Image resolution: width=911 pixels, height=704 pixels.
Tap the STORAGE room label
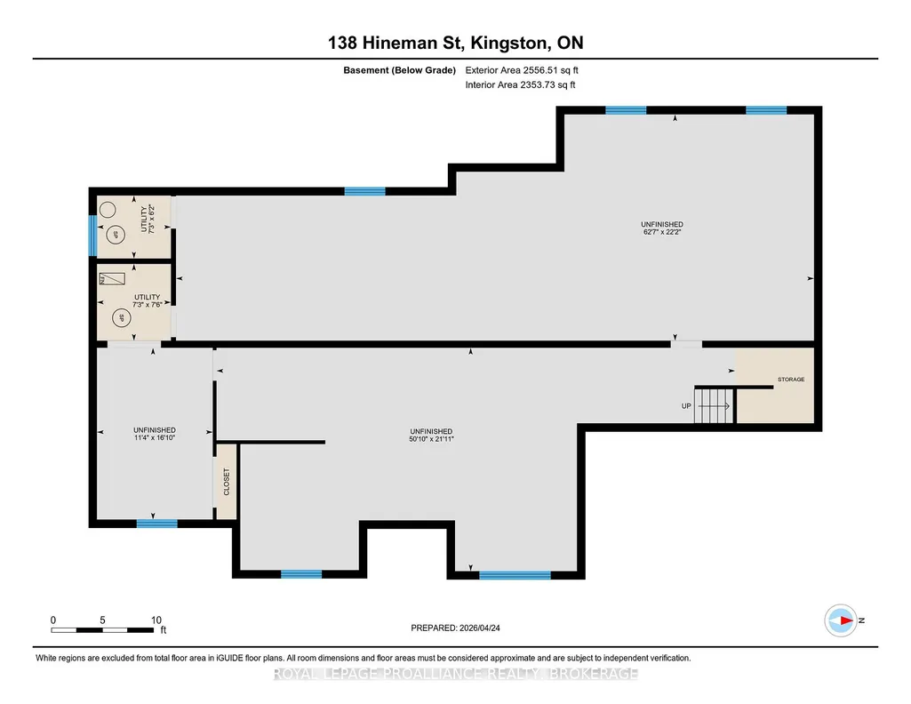[791, 380]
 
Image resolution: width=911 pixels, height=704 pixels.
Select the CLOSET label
[227, 482]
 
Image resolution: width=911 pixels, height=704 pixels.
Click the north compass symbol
[841, 620]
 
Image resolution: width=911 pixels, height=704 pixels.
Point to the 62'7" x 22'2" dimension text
[662, 232]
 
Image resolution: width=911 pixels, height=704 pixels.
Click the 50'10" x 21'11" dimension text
[431, 439]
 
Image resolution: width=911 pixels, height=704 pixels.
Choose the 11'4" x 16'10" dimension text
[155, 438]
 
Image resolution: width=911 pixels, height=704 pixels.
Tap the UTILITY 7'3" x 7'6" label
[147, 300]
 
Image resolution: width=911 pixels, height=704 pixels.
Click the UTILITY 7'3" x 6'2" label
[148, 219]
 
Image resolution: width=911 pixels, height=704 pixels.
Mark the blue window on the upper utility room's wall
[92, 236]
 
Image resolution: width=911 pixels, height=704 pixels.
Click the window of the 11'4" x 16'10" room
[156, 524]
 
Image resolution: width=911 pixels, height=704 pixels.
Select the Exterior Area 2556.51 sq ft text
[522, 70]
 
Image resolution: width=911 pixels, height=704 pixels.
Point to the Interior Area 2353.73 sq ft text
[520, 84]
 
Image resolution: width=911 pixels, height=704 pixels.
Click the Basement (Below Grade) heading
[399, 70]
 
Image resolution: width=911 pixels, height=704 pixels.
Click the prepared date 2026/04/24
[479, 628]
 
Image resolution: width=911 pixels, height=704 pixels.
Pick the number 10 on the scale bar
[156, 620]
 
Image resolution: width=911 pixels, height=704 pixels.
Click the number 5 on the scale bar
[102, 620]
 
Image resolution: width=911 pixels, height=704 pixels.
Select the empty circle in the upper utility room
[108, 209]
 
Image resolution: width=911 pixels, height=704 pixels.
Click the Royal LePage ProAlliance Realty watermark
[455, 674]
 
